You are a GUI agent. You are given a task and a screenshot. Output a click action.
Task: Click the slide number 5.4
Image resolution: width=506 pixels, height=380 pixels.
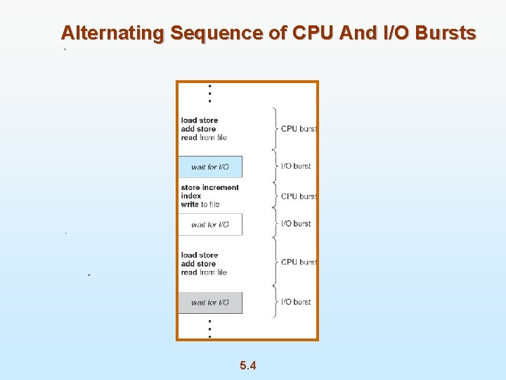(247, 365)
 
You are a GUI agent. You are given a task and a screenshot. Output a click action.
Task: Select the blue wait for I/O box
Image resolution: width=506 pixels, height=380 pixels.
(210, 167)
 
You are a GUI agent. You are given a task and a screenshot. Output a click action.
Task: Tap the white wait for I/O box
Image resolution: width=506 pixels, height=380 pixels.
(210, 224)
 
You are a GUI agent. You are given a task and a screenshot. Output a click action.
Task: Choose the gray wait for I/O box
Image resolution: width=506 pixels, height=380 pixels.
(210, 303)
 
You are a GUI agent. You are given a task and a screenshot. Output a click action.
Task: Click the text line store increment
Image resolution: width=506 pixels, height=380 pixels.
(209, 187)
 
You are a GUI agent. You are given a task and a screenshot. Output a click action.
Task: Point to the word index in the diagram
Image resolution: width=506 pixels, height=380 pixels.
(190, 196)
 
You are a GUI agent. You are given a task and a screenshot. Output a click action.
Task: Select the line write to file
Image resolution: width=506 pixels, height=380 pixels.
(200, 204)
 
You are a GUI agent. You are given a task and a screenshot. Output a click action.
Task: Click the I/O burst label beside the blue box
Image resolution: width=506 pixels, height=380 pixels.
(296, 166)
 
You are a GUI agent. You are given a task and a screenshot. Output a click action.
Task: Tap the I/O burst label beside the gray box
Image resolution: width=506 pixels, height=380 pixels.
(296, 302)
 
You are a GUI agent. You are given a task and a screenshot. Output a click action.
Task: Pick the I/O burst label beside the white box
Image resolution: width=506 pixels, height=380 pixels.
(296, 224)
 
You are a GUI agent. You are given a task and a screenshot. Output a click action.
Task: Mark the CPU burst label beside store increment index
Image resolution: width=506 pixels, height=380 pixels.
(299, 196)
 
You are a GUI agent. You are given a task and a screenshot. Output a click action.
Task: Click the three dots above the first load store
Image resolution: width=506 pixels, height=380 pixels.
(209, 94)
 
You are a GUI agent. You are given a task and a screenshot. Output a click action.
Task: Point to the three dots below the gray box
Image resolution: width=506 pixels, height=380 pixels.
(209, 329)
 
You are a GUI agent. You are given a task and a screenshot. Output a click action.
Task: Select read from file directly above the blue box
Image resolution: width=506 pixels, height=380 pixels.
(204, 138)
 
